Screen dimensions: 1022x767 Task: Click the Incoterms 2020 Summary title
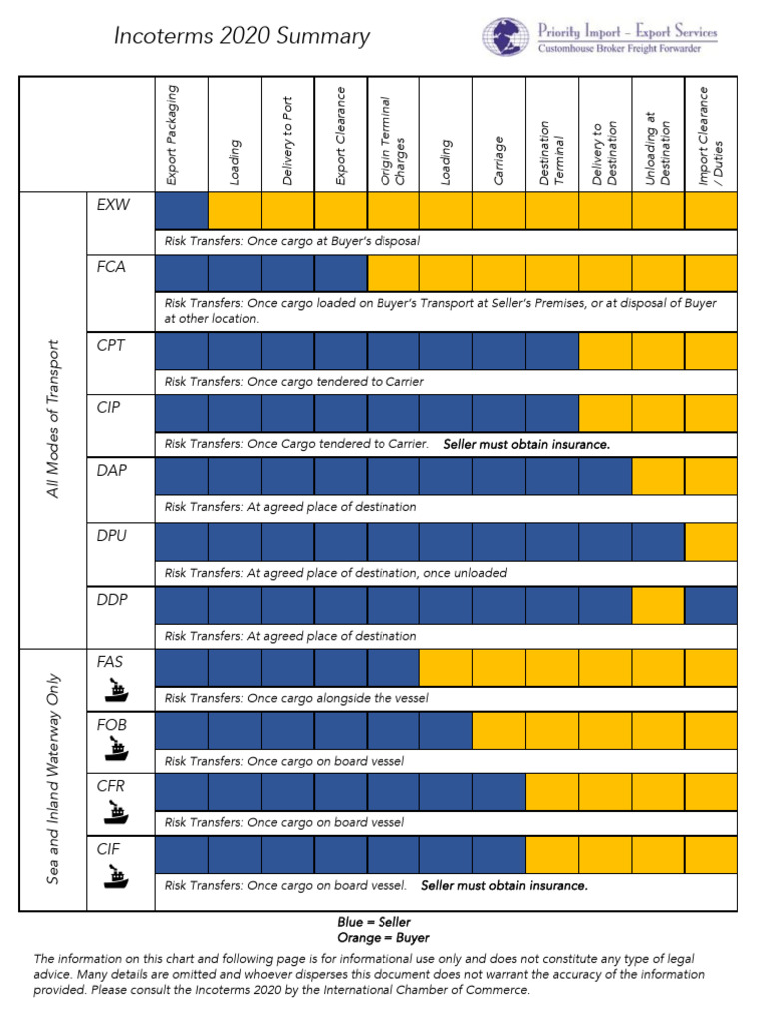(241, 37)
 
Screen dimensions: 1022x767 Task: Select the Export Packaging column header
(172, 135)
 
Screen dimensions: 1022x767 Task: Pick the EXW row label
(113, 205)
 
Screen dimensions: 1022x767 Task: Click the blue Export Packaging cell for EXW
(182, 211)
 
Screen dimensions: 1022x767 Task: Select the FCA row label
(111, 267)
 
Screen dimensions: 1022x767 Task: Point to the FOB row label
(112, 724)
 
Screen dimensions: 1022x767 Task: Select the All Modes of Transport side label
(54, 419)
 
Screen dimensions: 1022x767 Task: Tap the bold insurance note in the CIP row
(526, 444)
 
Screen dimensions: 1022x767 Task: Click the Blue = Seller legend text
(374, 922)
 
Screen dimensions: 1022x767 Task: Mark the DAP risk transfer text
(291, 507)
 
